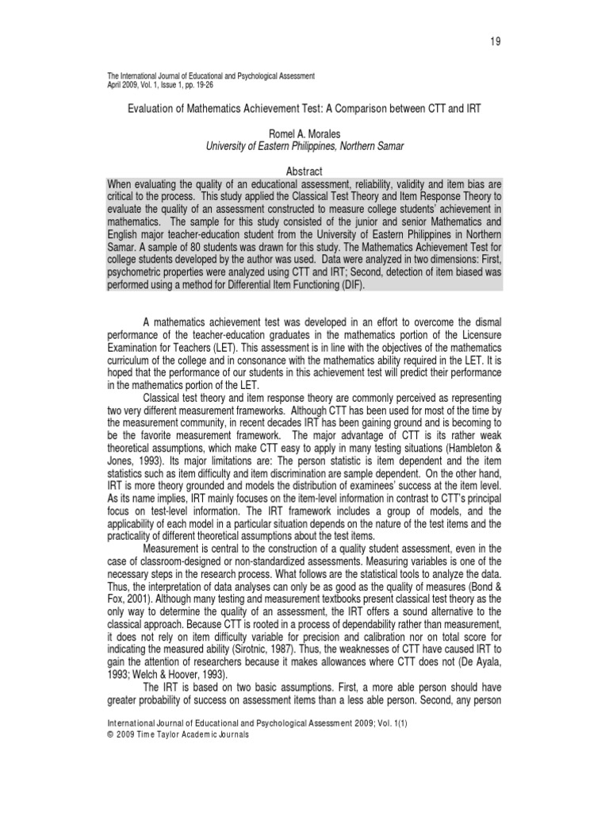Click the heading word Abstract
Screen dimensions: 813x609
click(x=304, y=171)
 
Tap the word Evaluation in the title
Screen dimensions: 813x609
click(x=155, y=107)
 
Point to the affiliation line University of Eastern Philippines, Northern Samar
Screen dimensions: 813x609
click(x=304, y=147)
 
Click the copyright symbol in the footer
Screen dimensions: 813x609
click(x=109, y=735)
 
